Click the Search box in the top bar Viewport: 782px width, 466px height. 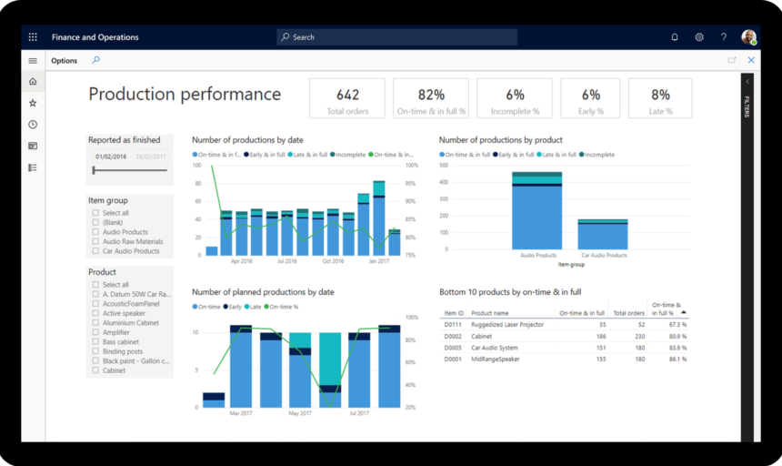(396, 37)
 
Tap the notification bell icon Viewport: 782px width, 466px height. (675, 37)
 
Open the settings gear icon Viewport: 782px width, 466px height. (699, 37)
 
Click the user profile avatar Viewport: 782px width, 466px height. (748, 37)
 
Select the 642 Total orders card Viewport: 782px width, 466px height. (347, 99)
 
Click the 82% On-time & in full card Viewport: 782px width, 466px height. (431, 99)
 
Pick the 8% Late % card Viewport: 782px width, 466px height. (660, 99)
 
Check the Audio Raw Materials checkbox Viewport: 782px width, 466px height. (95, 242)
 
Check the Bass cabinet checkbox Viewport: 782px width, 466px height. (95, 342)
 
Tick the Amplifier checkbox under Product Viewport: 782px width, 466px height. (95, 332)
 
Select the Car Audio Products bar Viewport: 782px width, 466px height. (602, 235)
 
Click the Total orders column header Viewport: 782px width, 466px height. (628, 313)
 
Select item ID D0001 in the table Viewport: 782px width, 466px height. (453, 360)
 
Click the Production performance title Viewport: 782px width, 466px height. (185, 95)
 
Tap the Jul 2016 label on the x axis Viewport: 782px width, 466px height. (286, 261)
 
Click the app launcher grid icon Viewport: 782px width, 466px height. (33, 37)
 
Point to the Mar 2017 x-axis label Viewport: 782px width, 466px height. (241, 413)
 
